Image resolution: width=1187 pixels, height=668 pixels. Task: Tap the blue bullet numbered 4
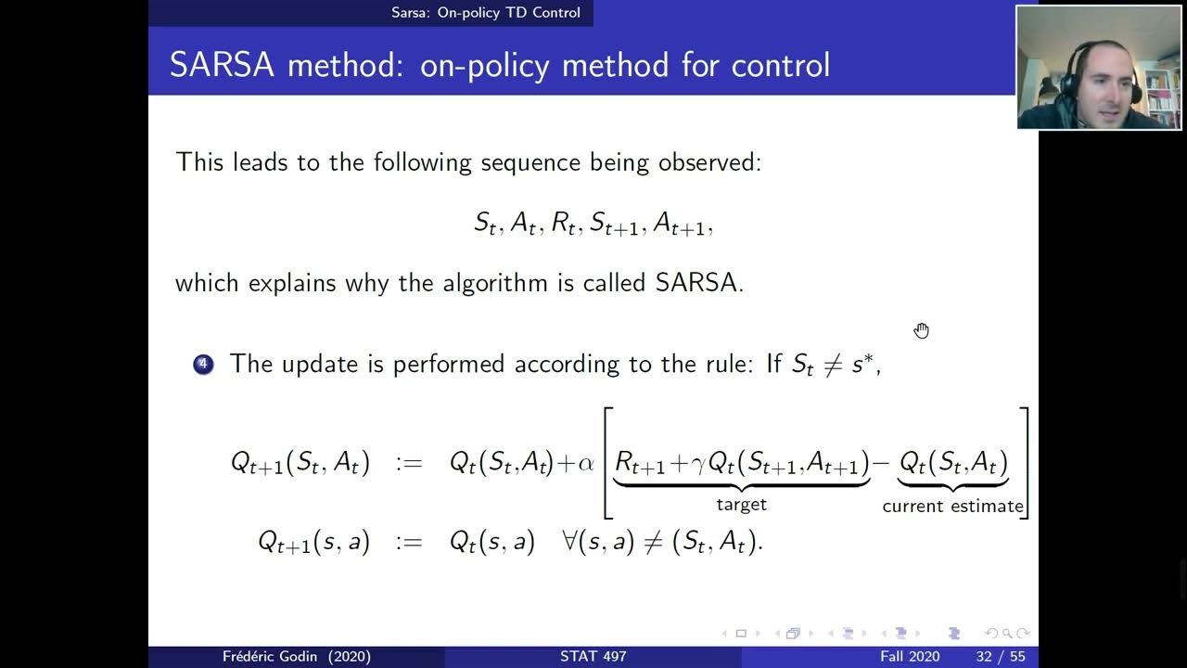[x=203, y=364]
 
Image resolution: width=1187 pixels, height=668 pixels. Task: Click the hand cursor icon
[x=921, y=331]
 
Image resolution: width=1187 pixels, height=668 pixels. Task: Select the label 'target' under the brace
[x=741, y=505]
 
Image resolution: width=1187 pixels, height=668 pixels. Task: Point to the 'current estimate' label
[x=952, y=507]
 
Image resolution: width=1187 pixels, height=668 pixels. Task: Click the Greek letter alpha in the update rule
[x=586, y=462]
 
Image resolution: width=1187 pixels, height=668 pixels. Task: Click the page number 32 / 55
[x=1000, y=657]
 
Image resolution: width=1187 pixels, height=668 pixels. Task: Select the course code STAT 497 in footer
[x=593, y=657]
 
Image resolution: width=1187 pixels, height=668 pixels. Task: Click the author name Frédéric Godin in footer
[x=296, y=657]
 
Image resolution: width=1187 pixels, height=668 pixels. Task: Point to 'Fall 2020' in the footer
[x=909, y=657]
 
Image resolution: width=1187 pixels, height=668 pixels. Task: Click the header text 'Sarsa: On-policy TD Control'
[x=485, y=12]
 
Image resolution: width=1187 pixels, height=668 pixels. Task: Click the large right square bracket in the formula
[x=1024, y=462]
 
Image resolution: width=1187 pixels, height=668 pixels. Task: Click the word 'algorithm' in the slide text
[x=491, y=283]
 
